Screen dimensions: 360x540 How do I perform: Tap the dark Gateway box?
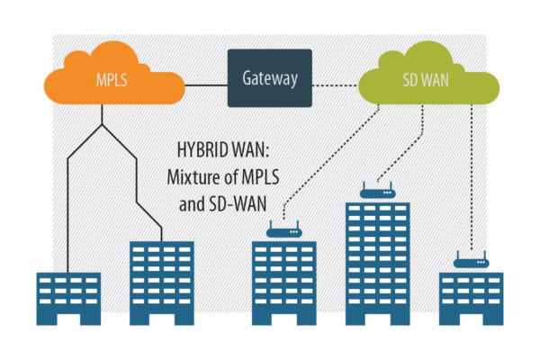[x=269, y=77]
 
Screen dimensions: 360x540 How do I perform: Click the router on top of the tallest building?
[x=377, y=192]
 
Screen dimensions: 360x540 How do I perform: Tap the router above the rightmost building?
[x=470, y=262]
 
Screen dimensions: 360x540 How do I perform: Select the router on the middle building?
[x=283, y=231]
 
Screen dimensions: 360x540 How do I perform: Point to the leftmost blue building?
[x=68, y=298]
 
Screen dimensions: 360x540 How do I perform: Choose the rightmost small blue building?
[x=470, y=298]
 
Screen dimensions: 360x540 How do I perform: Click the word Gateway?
[x=269, y=77]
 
